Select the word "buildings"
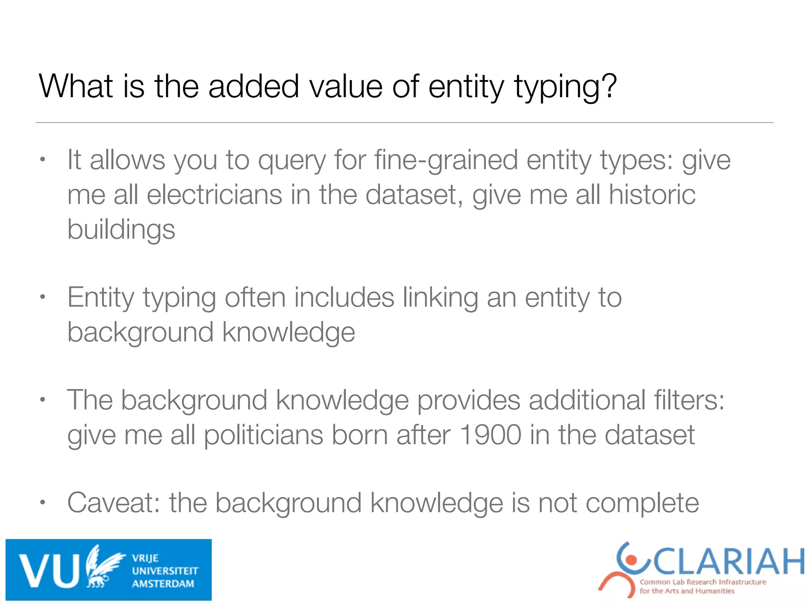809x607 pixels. pyautogui.click(x=121, y=230)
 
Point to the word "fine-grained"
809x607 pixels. pyautogui.click(x=446, y=160)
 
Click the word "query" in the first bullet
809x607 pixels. pyautogui.click(x=292, y=161)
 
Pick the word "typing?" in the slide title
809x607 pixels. pyautogui.click(x=565, y=87)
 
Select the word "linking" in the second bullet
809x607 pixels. pyautogui.click(x=440, y=298)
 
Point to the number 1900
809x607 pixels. pyautogui.click(x=491, y=435)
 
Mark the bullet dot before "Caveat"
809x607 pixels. pyautogui.click(x=43, y=503)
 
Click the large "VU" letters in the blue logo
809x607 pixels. pyautogui.click(x=49, y=570)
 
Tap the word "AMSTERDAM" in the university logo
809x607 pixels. pyautogui.click(x=163, y=584)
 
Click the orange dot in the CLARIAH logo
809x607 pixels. pyautogui.click(x=632, y=560)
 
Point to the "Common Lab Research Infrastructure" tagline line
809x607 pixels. pyautogui.click(x=703, y=582)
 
